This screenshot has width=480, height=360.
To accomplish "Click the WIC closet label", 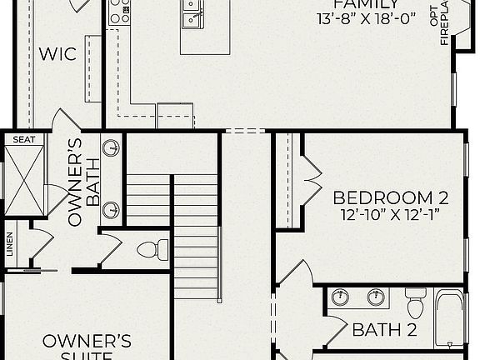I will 58,55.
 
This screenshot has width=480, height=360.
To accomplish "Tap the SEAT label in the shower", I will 24,139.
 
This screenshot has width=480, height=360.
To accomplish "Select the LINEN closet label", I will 10,247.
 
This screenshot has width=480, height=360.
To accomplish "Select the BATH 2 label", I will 384,329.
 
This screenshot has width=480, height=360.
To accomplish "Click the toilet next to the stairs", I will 148,248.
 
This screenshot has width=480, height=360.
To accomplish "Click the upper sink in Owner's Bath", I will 110,149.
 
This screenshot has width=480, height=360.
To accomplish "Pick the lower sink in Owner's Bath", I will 110,209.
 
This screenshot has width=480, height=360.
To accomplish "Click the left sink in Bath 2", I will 340,297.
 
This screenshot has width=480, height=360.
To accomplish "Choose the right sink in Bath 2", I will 377,297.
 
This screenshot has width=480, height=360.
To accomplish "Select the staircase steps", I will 196,237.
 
